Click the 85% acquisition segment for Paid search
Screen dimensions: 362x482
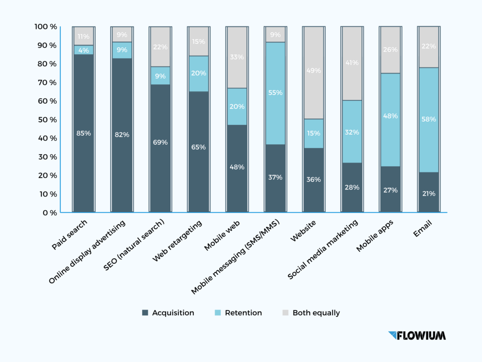(83, 133)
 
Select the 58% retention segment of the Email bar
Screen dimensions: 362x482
(429, 120)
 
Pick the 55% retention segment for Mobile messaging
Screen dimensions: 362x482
(275, 93)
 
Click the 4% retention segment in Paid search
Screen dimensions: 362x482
(83, 50)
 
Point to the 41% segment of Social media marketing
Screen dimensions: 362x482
(352, 63)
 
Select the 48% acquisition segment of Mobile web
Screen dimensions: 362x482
(237, 167)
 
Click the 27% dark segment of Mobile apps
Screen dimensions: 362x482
(391, 190)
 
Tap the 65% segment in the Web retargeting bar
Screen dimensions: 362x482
(198, 147)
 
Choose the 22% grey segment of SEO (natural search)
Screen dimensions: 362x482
(160, 47)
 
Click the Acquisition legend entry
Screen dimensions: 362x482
(168, 313)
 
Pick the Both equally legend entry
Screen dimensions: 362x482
(311, 313)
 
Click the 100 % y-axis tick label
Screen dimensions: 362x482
(45, 27)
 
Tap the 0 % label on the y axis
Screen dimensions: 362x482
(49, 213)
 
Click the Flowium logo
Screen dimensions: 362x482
(417, 336)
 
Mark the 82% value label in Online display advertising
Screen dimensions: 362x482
(121, 135)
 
